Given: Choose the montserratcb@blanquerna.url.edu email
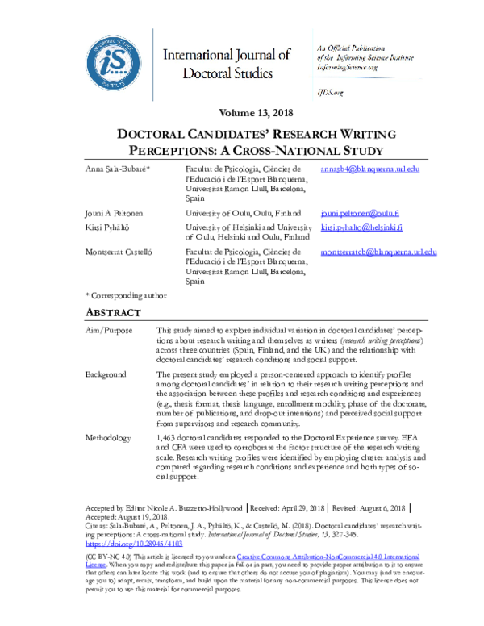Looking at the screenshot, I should click(378, 252).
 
